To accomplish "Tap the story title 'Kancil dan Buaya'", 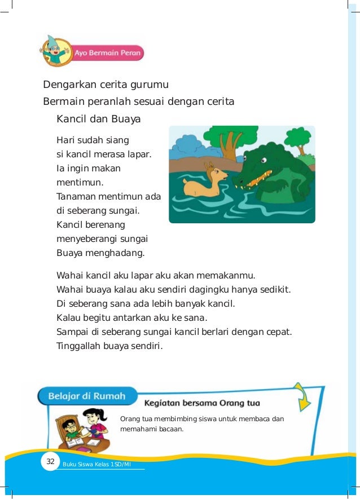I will click(x=99, y=120).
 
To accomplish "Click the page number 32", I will click(x=50, y=462).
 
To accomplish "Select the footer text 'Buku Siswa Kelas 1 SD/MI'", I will click(x=97, y=463).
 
